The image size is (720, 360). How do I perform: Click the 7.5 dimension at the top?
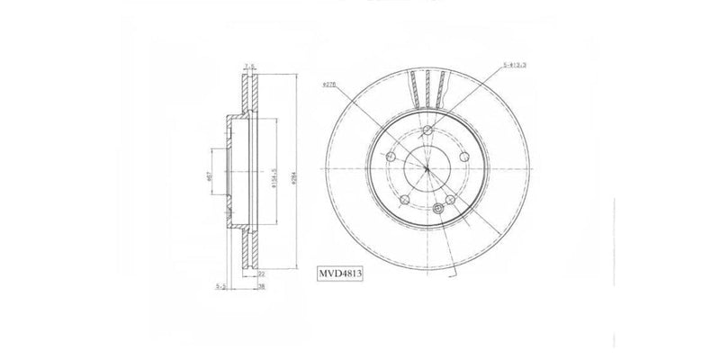[x=251, y=65]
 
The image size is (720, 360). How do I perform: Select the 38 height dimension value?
[x=263, y=288]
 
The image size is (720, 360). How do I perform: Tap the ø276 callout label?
[x=328, y=85]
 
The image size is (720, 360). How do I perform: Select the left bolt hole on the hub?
[x=391, y=157]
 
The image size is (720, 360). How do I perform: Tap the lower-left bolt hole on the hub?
[x=405, y=200]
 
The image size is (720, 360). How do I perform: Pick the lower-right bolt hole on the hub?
[x=450, y=201]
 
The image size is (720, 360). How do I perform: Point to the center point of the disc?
[x=427, y=169]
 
